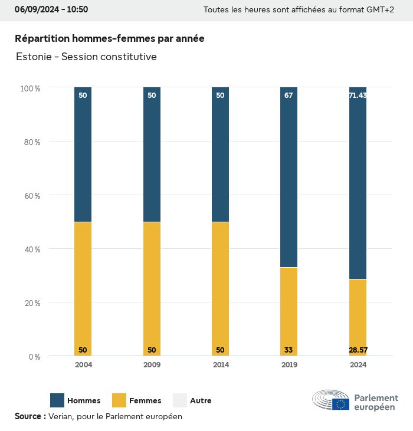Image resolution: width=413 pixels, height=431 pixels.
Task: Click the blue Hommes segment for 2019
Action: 289,177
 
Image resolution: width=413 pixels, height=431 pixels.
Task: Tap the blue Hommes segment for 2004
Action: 83,154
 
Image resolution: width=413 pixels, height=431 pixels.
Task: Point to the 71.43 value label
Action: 358,95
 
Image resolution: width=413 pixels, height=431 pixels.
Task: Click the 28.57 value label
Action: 358,350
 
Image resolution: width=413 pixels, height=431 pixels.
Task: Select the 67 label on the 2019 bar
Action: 289,95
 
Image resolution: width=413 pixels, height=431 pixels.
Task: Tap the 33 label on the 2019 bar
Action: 289,350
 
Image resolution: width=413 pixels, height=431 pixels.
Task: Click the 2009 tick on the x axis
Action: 152,365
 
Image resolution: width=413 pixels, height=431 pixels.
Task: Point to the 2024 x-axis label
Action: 358,365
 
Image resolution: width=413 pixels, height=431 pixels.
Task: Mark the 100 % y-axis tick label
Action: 31,88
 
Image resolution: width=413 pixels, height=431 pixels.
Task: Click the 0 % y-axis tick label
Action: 34,357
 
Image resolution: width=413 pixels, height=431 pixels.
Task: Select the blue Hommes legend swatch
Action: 57,400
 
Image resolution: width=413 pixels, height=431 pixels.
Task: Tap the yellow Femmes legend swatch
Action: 119,400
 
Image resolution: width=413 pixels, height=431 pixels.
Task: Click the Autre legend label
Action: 201,401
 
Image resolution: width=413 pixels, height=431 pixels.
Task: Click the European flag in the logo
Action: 340,404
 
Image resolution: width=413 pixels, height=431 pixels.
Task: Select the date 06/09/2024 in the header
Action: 35,9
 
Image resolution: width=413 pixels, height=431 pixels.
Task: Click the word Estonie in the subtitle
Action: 34,57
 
